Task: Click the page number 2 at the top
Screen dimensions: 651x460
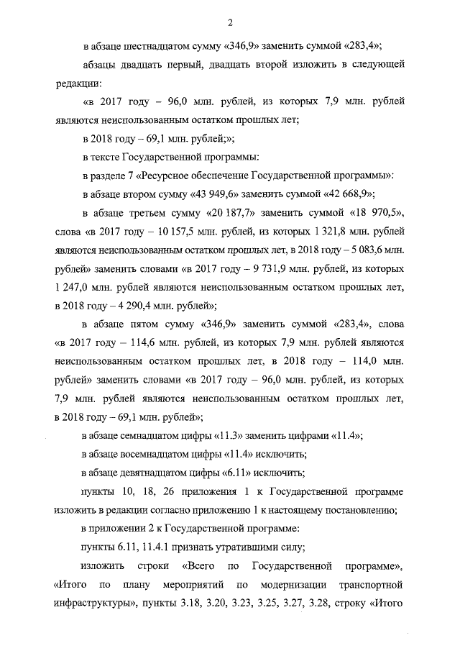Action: coord(230,21)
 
